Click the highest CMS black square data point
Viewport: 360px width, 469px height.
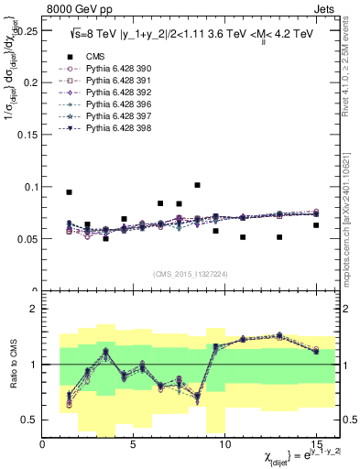click(x=197, y=185)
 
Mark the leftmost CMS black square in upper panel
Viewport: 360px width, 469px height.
click(x=70, y=192)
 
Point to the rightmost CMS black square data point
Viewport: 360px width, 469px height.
click(x=316, y=225)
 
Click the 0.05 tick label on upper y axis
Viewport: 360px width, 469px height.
click(x=26, y=239)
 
